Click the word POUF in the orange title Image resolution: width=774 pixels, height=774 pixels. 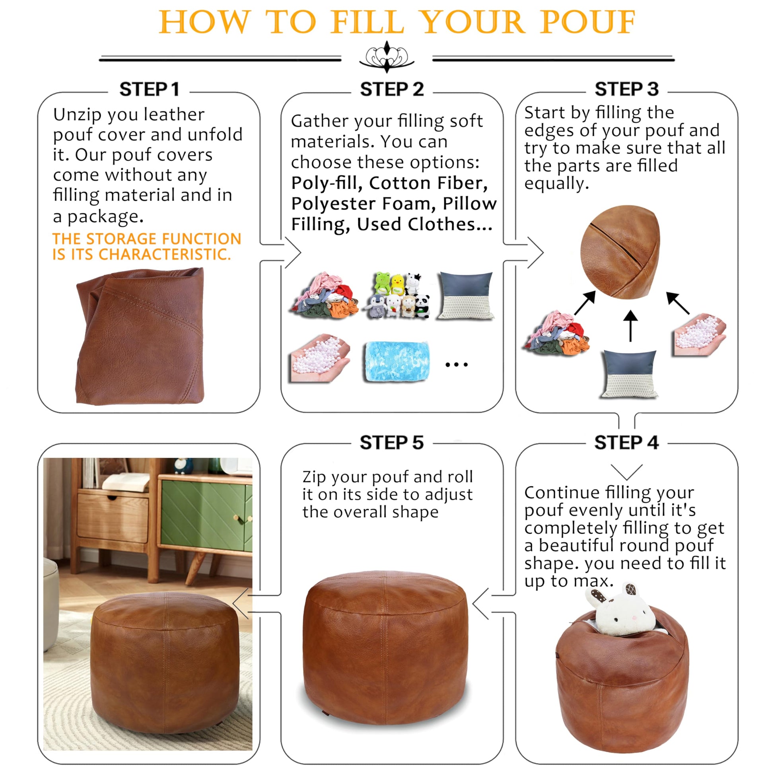[587, 22]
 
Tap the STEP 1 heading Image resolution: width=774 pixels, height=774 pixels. [149, 89]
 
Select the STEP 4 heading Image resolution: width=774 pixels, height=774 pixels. [626, 443]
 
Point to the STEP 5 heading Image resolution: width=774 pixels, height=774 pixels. [391, 443]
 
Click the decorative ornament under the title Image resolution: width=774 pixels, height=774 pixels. [387, 57]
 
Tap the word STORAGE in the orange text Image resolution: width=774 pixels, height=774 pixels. [122, 239]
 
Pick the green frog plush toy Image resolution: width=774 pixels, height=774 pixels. [381, 283]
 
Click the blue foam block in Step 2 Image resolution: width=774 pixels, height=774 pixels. [397, 362]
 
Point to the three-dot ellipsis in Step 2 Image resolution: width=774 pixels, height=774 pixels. [456, 365]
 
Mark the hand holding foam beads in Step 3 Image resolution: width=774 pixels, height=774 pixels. [700, 335]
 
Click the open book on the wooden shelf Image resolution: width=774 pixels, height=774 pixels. [126, 482]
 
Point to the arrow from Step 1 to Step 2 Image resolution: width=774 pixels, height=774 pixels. [280, 253]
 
